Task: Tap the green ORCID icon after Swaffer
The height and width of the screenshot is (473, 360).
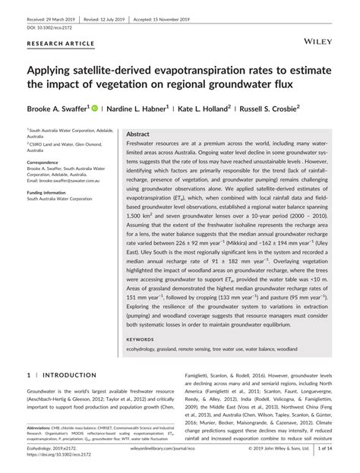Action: coord(94,109)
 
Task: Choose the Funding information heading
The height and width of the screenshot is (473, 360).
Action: coord(49,193)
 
